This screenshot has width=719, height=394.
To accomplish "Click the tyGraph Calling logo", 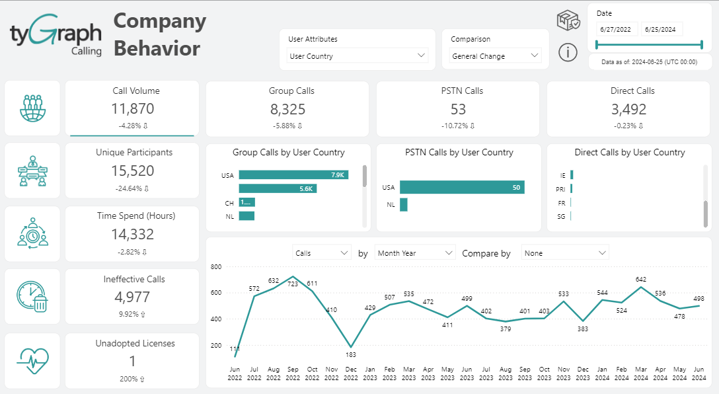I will click(x=56, y=38).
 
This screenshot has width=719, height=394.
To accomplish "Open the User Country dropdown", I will click(x=358, y=56).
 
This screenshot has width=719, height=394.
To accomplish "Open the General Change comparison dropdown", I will click(x=496, y=56).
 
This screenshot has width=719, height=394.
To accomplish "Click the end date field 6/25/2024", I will click(x=662, y=29).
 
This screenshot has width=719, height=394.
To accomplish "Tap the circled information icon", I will click(x=568, y=52).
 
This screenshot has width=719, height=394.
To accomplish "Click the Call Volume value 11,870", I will click(x=132, y=108).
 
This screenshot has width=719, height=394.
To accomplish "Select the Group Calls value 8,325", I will click(x=287, y=108).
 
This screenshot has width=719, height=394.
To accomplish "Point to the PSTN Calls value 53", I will click(x=458, y=108).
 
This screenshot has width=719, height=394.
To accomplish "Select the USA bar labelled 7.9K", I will click(x=293, y=175).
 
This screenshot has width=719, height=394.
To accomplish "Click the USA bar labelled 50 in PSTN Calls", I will click(x=462, y=188).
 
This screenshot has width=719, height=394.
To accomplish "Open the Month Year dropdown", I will click(x=415, y=253).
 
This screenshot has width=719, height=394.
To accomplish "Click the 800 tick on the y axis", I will click(x=216, y=267).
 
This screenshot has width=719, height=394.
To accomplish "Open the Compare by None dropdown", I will click(x=565, y=253).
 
